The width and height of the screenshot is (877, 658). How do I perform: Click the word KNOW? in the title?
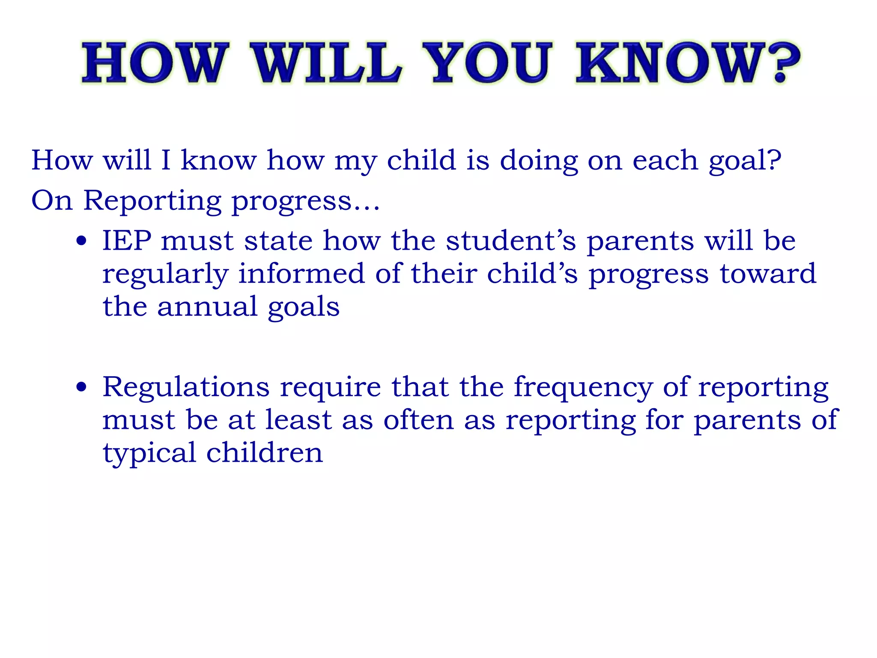(687, 63)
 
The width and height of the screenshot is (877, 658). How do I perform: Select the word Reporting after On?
(152, 200)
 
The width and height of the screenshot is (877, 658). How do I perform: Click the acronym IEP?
(127, 240)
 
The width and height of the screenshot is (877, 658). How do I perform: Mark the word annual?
(207, 307)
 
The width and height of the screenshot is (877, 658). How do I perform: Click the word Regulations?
(186, 387)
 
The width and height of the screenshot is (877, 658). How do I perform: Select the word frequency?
(583, 387)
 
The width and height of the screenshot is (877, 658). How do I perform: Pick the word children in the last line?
(264, 452)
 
